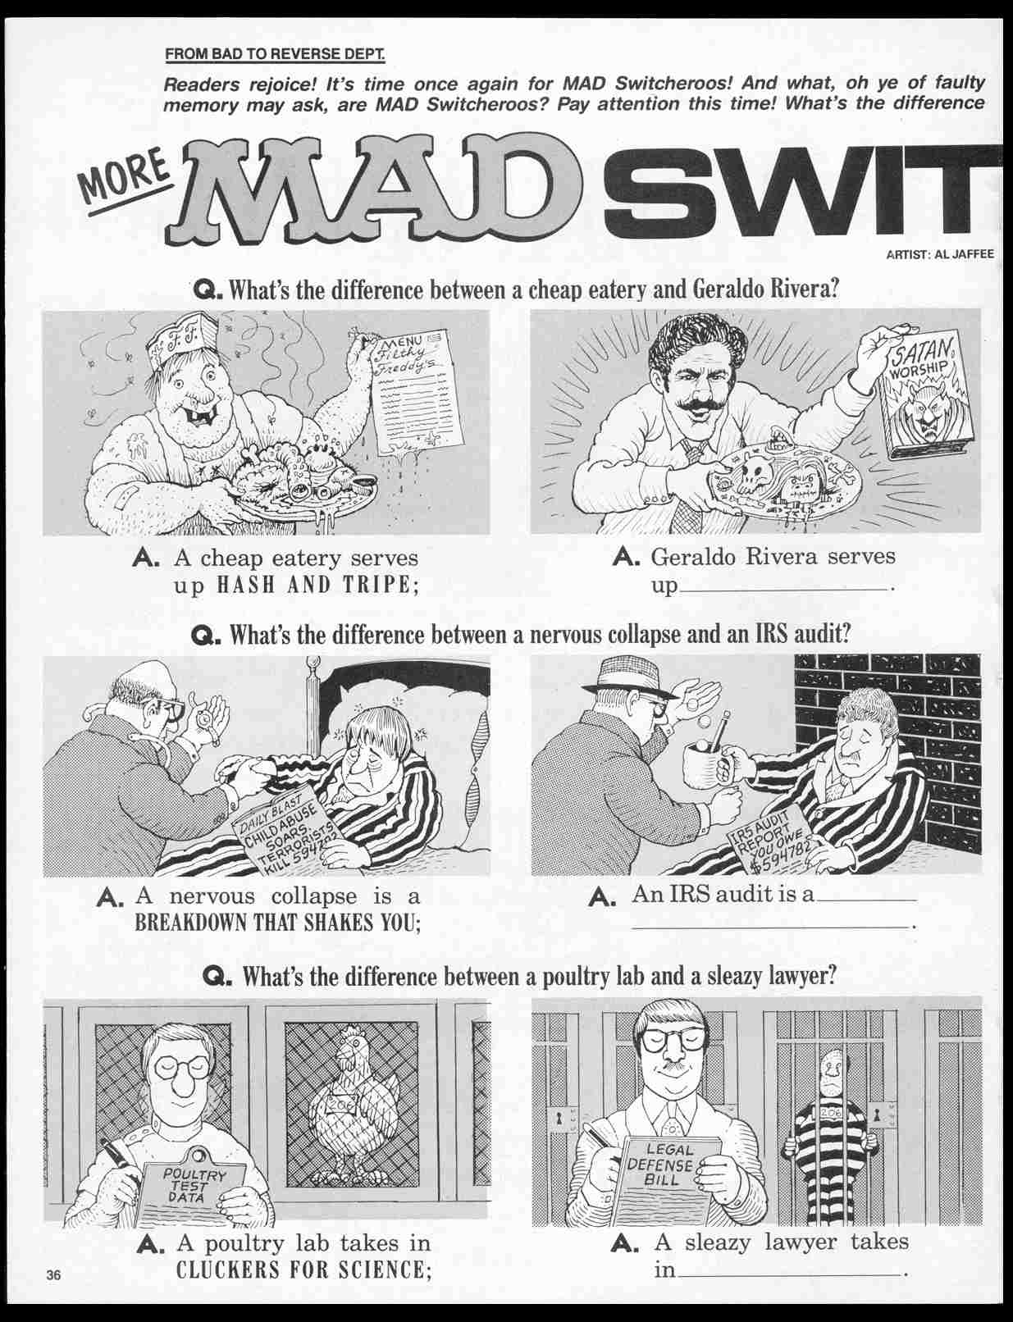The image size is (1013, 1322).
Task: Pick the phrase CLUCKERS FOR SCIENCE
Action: pos(304,1271)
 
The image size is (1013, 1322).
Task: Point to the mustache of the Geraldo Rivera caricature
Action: pos(700,407)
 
